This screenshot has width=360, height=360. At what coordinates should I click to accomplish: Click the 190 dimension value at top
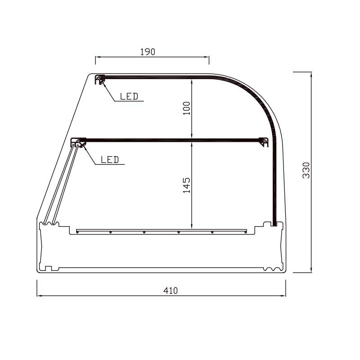147,52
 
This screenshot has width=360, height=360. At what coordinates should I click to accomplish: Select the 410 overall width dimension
171,291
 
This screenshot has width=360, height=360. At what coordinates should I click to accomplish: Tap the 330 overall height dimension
306,170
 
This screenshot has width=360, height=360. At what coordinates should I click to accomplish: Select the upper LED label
129,96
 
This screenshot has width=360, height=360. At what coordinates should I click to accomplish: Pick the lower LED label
109,159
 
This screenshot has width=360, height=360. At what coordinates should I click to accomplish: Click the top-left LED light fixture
100,79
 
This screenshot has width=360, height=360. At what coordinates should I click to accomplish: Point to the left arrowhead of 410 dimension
39,296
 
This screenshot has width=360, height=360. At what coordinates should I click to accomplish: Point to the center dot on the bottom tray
144,232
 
